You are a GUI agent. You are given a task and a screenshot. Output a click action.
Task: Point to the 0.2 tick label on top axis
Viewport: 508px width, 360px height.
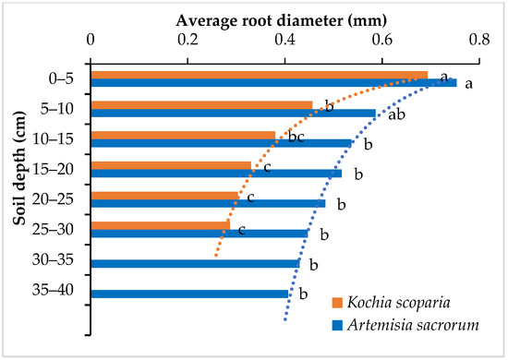click(187, 39)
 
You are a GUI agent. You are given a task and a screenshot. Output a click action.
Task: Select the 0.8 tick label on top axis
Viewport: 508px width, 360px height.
click(478, 39)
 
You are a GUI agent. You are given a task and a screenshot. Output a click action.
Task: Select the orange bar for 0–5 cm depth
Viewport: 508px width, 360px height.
click(259, 75)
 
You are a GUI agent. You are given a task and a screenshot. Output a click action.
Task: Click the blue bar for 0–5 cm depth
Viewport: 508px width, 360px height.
click(273, 83)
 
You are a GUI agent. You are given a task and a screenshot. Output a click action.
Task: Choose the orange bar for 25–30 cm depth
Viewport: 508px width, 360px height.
click(160, 225)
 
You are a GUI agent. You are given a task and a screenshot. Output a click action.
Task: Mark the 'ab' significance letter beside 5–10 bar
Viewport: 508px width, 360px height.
click(393, 114)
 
